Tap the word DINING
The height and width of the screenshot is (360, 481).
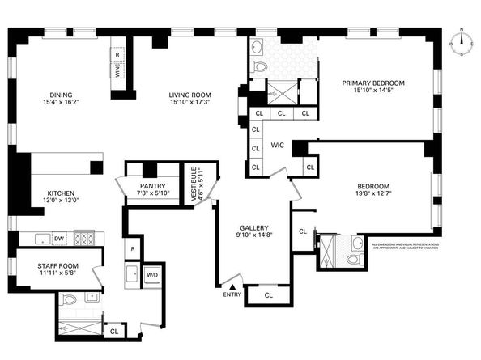[x=62, y=93]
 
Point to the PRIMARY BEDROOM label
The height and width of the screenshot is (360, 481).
[x=373, y=83]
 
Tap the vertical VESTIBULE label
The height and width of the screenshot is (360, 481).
[x=193, y=184]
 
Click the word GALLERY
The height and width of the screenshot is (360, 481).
[x=253, y=228]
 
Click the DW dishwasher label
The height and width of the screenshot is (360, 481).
[x=58, y=239]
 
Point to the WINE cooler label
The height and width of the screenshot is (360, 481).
[x=117, y=70]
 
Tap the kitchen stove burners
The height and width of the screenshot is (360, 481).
[x=83, y=238]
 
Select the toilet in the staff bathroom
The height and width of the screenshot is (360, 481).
[x=70, y=299]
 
